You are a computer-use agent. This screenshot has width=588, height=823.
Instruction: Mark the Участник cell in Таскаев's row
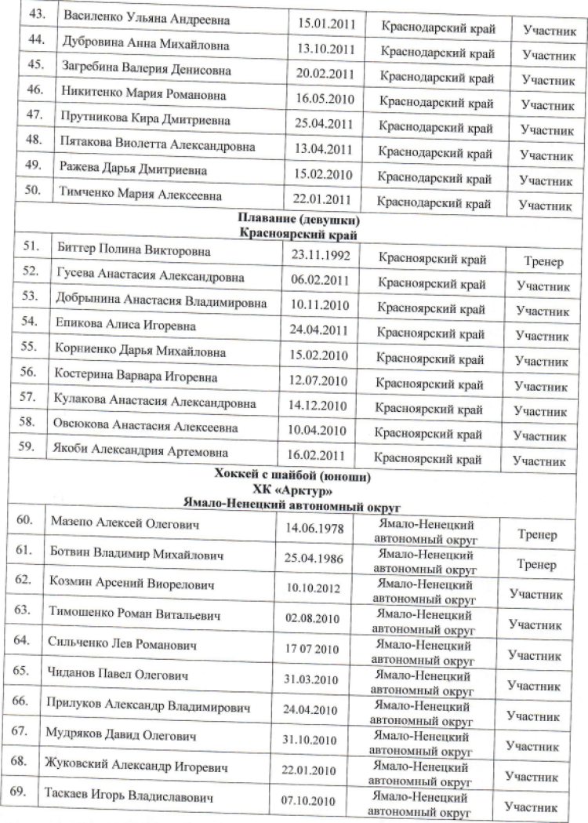coord(532,806)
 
